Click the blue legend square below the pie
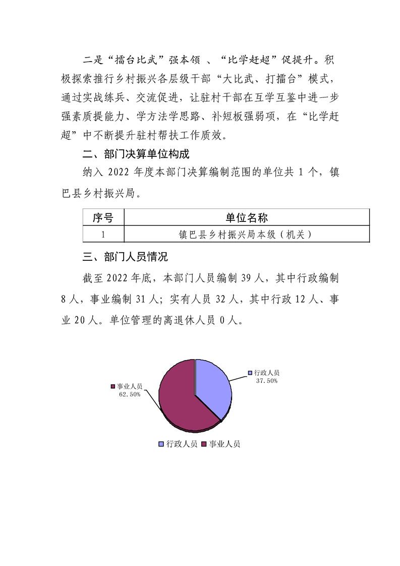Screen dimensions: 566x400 [x=161, y=444]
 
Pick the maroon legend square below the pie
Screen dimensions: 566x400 [x=204, y=444]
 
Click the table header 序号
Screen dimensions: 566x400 [x=103, y=218]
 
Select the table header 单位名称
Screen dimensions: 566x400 [x=246, y=218]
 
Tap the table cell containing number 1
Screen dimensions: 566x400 [x=103, y=234]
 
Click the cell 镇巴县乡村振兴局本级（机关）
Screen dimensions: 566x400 [x=246, y=234]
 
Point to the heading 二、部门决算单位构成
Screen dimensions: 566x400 [x=136, y=153]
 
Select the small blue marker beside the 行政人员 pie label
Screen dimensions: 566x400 [x=250, y=373]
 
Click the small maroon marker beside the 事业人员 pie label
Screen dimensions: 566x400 [x=112, y=386]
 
